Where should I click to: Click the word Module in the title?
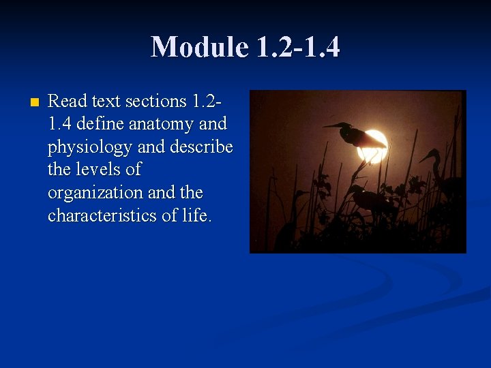coord(199,47)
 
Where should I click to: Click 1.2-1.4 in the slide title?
coord(298,47)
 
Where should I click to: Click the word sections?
coord(154,102)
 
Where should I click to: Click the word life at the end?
coord(198,215)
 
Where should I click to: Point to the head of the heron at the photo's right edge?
coord(432,155)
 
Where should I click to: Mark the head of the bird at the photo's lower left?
coord(301,196)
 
